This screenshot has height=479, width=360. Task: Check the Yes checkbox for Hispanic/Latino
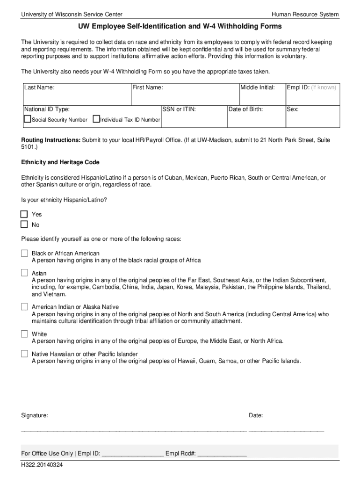click(x=24, y=214)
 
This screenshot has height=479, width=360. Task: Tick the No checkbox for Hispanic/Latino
click(x=24, y=225)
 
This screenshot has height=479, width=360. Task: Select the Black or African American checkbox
click(x=24, y=253)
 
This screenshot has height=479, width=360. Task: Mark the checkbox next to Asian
click(x=24, y=273)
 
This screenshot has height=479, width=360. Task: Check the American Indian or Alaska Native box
click(x=24, y=307)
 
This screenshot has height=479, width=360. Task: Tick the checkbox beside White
click(x=24, y=334)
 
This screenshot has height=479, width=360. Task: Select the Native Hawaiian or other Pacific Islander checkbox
click(x=24, y=354)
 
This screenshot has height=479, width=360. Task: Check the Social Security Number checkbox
click(x=28, y=119)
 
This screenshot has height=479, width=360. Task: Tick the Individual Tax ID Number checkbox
click(x=96, y=119)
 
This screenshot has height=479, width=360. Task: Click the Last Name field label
click(x=39, y=87)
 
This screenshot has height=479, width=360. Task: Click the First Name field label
click(x=147, y=87)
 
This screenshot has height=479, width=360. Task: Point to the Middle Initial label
click(x=257, y=87)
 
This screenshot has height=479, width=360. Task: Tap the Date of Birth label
click(x=245, y=109)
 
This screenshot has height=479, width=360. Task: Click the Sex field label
click(x=293, y=109)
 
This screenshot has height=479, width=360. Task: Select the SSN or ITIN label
click(x=179, y=109)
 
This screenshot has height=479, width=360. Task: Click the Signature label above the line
click(x=35, y=415)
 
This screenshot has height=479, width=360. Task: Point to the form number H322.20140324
click(x=42, y=465)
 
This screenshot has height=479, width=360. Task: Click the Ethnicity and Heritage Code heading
click(x=60, y=162)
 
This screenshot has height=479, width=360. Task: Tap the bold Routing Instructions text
click(x=51, y=140)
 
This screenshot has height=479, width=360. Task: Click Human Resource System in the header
click(x=305, y=15)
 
